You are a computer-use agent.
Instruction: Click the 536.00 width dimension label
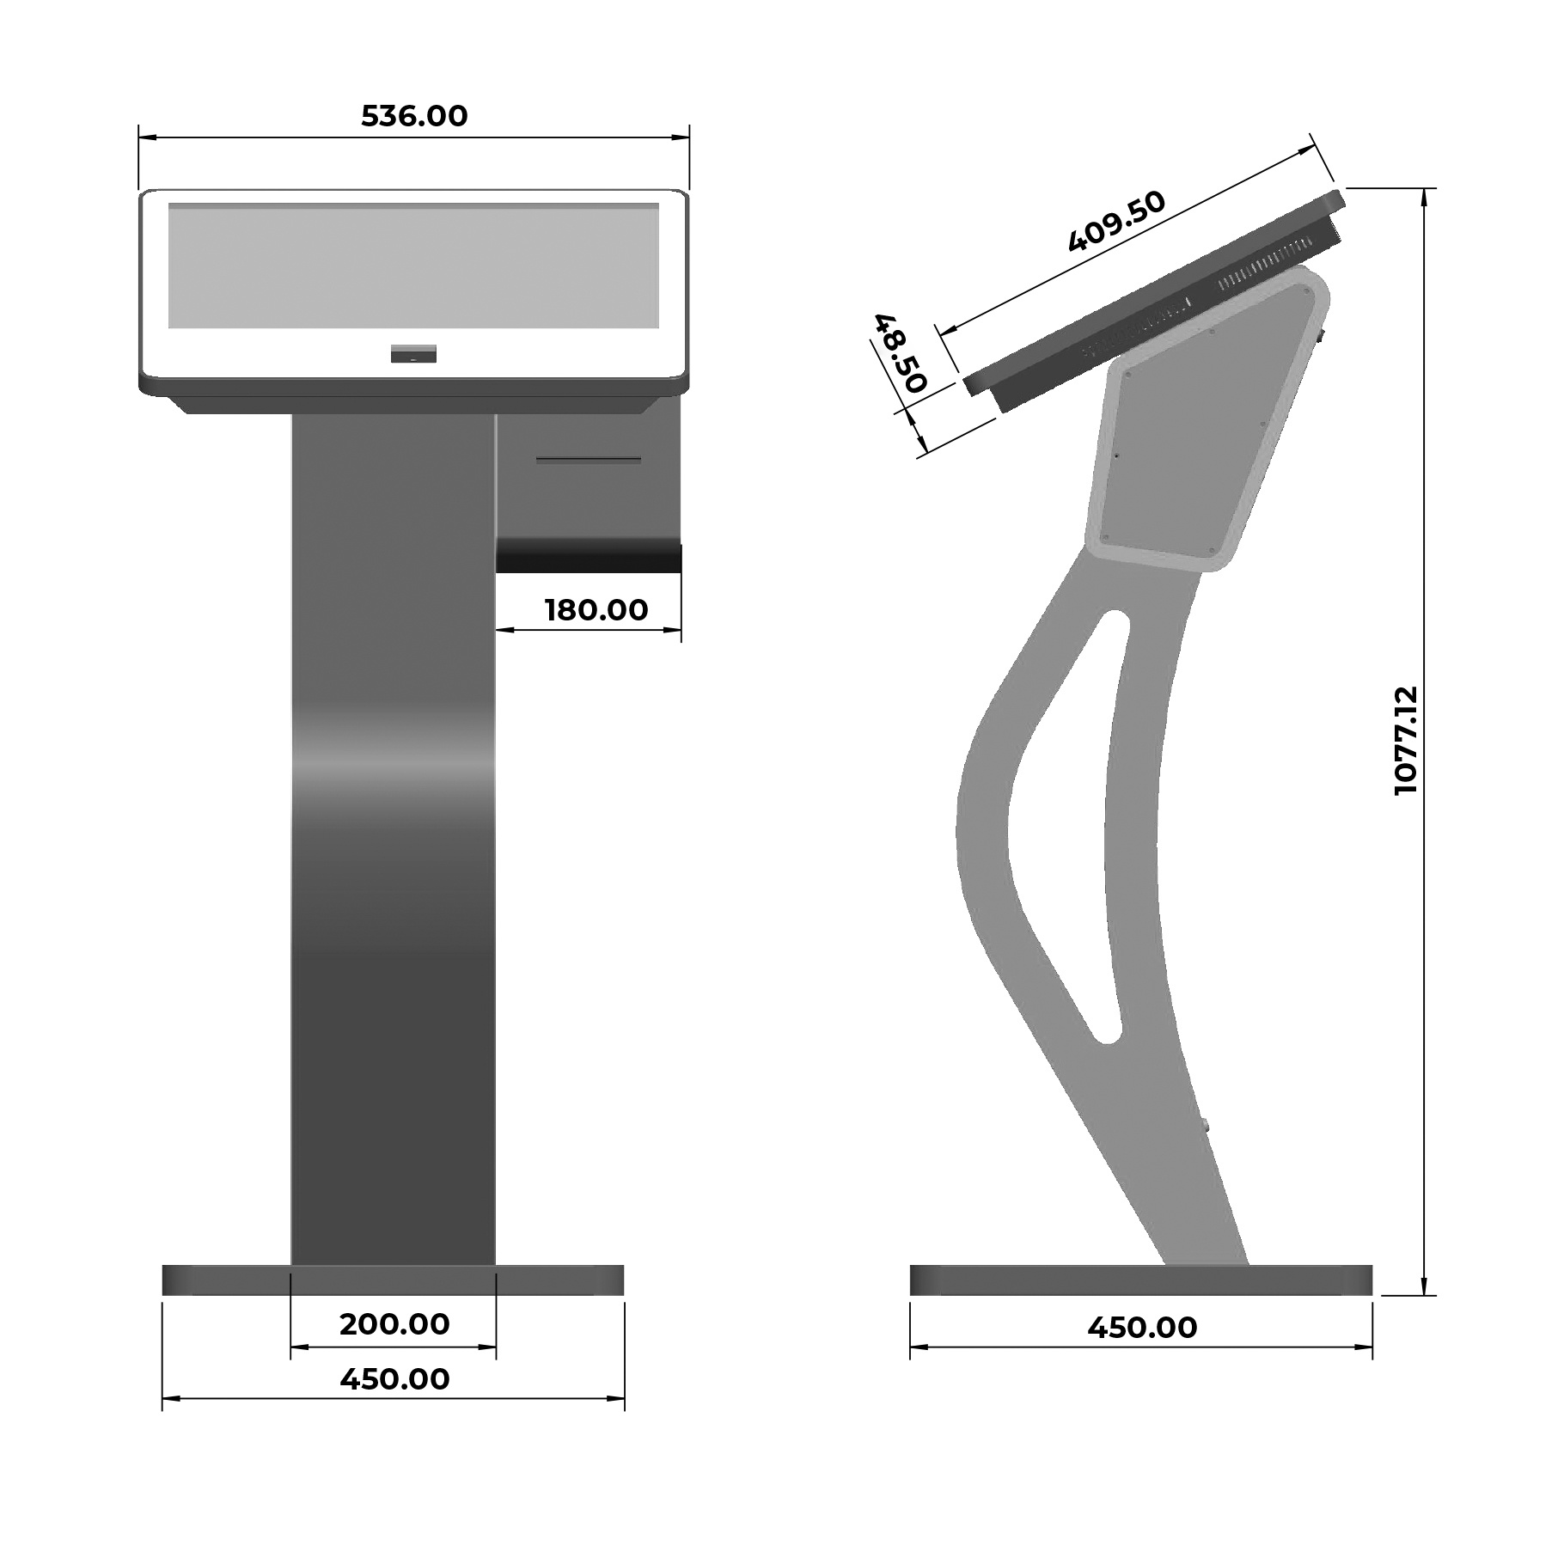tap(414, 116)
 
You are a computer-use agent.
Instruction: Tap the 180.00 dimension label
tap(596, 610)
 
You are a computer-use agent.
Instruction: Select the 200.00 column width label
tap(394, 1324)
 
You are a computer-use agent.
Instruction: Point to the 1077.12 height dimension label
tap(1406, 741)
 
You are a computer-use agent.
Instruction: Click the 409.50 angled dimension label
tap(1116, 222)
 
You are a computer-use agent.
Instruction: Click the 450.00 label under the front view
tap(394, 1379)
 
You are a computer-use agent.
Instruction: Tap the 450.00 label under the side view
tap(1142, 1328)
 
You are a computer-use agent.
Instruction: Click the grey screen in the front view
tap(413, 266)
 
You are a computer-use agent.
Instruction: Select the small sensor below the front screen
tap(413, 353)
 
